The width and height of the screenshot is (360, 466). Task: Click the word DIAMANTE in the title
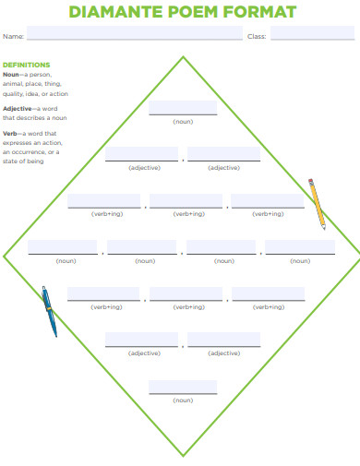(114, 12)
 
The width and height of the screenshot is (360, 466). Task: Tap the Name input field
(135, 35)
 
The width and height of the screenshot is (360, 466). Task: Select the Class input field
(312, 35)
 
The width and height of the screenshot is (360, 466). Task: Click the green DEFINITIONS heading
(27, 65)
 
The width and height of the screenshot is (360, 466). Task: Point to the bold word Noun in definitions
(11, 74)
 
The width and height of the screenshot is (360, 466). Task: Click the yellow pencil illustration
(317, 203)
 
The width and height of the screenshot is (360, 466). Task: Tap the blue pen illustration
(49, 310)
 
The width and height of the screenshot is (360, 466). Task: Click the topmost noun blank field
(183, 107)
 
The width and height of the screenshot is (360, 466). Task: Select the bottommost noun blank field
(183, 387)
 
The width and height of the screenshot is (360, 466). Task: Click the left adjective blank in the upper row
(143, 153)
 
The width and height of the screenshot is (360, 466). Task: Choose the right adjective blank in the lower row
(223, 340)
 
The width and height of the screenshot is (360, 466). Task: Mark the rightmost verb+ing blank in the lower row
(268, 293)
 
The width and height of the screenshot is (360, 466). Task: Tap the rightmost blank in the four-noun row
(300, 246)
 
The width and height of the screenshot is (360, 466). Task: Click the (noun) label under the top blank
(183, 121)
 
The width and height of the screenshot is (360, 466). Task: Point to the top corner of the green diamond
(183, 57)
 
